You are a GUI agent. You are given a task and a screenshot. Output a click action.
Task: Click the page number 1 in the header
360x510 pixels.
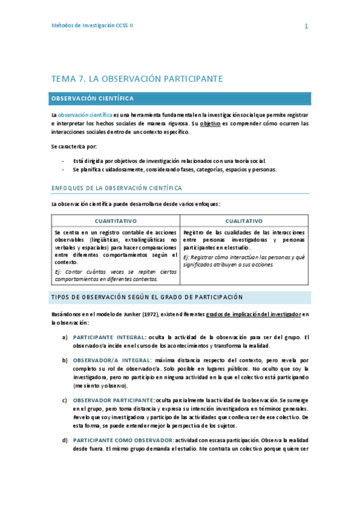coord(307,26)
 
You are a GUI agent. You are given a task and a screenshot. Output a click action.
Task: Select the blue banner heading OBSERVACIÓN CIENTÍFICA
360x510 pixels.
coord(93,99)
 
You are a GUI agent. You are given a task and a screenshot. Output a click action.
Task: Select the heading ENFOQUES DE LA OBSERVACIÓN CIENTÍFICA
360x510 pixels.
coord(117,188)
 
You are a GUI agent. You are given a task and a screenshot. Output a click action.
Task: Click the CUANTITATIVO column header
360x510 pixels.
coord(115,221)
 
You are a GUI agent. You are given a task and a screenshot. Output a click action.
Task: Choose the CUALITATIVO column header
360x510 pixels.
coord(244,221)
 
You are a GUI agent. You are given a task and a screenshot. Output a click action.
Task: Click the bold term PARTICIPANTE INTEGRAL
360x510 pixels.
coord(108,337)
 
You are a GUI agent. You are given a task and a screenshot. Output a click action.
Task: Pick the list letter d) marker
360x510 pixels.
coord(65,440)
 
